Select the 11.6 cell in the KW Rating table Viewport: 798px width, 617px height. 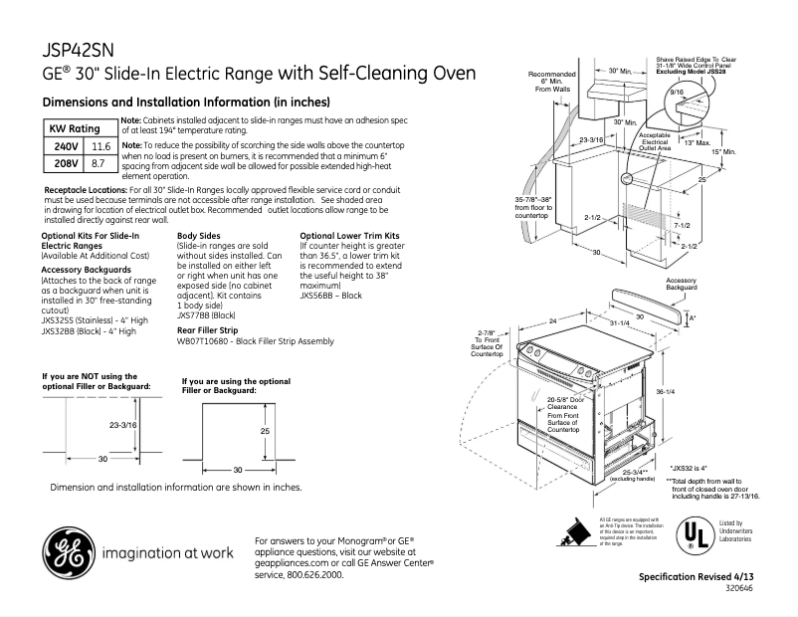point(100,146)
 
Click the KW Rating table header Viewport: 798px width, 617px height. point(75,129)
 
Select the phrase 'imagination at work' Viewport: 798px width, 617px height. point(167,552)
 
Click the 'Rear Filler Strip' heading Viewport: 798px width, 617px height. point(207,329)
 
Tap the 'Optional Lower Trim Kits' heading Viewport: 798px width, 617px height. point(346,236)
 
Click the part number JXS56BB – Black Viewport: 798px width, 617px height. point(330,297)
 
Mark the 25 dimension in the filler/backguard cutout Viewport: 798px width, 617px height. point(265,432)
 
